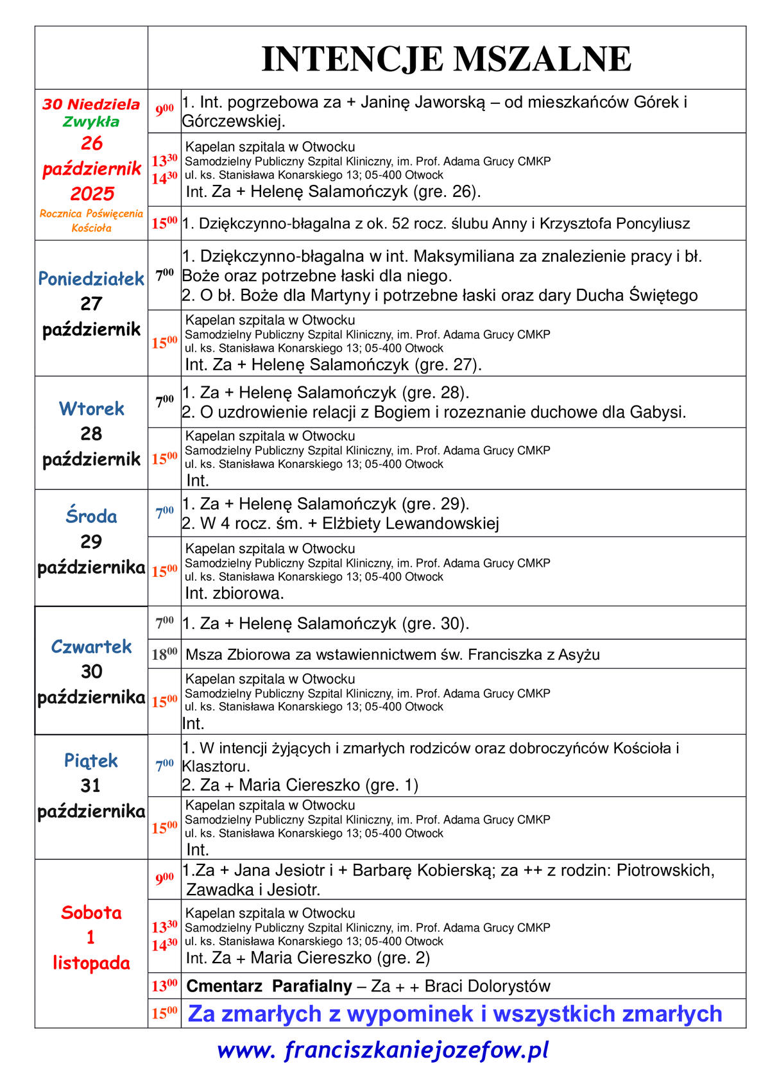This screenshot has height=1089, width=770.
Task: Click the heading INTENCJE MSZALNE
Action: [x=446, y=59]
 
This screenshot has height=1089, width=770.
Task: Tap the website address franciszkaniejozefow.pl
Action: [x=383, y=1050]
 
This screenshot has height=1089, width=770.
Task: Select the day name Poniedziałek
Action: [x=91, y=279]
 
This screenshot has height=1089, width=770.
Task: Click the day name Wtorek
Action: [x=91, y=408]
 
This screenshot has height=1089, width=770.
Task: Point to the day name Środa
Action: [x=91, y=516]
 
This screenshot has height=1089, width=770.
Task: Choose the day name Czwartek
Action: [x=91, y=646]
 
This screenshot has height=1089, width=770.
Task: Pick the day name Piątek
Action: [x=91, y=760]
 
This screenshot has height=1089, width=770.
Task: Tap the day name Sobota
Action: [x=91, y=912]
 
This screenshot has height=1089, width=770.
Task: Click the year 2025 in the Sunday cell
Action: [x=92, y=193]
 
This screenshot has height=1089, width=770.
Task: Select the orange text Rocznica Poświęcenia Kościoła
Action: [x=91, y=220]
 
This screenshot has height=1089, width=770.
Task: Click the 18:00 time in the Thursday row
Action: [x=164, y=655]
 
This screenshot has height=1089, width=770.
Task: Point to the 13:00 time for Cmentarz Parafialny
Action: [x=164, y=986]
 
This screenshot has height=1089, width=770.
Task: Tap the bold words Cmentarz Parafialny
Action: [x=269, y=986]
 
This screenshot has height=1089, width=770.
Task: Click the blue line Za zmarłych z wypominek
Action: [x=454, y=1013]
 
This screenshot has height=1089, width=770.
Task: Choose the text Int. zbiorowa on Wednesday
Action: [x=234, y=593]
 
